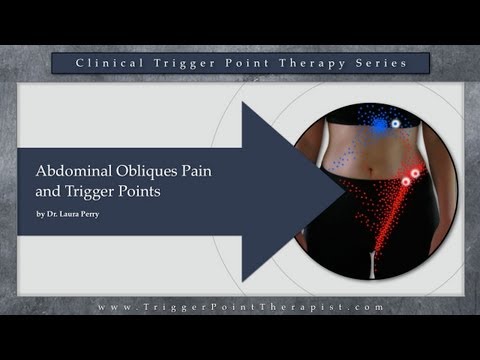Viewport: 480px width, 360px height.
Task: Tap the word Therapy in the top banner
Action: point(300,63)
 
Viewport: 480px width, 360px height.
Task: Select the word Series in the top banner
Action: point(376,63)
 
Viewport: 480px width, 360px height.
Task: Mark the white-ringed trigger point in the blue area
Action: point(394,124)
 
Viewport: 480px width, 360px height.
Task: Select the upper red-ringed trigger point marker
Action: point(413,172)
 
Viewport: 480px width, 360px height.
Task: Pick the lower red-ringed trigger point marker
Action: point(406,183)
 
